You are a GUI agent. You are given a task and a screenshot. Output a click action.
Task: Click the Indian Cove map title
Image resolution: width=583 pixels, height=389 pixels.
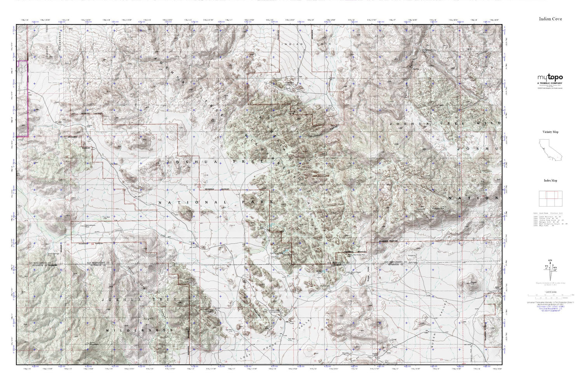point(550,19)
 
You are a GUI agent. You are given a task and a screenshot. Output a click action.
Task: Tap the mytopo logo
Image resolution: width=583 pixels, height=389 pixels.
point(550,77)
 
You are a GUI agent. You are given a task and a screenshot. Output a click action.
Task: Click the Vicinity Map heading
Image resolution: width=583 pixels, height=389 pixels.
point(550,132)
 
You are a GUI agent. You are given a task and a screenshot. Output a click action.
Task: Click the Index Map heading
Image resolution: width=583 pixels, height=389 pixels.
point(550,180)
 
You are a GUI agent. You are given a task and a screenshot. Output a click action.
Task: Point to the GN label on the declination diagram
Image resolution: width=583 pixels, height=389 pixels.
point(550,260)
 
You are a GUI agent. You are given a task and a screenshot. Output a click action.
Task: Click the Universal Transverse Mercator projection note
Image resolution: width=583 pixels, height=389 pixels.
point(550,302)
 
